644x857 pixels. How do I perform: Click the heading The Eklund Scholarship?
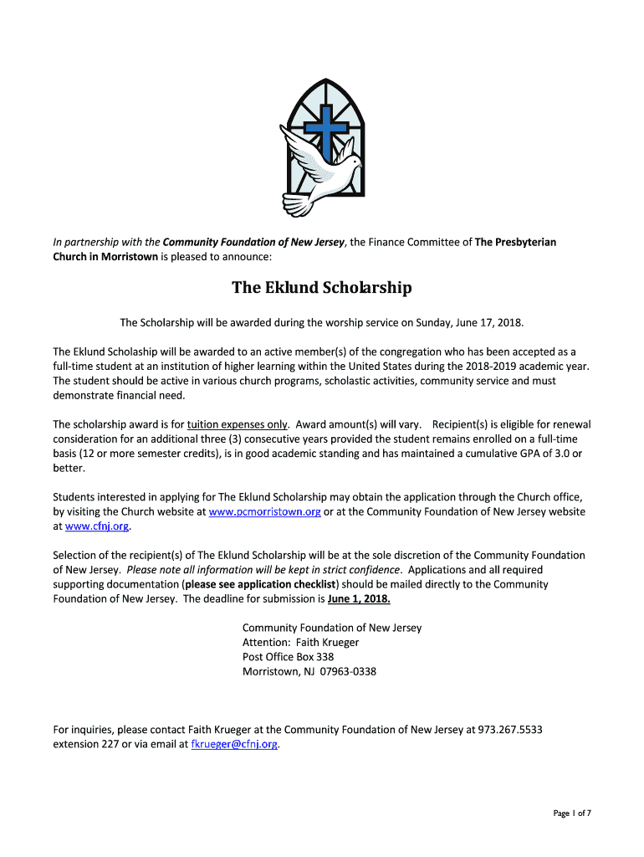[321, 288]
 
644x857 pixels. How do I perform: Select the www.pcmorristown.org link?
[264, 511]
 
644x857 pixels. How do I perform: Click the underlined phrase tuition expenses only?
[238, 423]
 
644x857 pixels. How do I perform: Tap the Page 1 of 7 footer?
[572, 813]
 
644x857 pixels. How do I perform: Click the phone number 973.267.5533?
[510, 729]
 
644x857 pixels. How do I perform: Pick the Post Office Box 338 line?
[288, 657]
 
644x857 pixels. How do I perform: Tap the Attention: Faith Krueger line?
[300, 642]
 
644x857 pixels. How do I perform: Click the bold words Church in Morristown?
[105, 256]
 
